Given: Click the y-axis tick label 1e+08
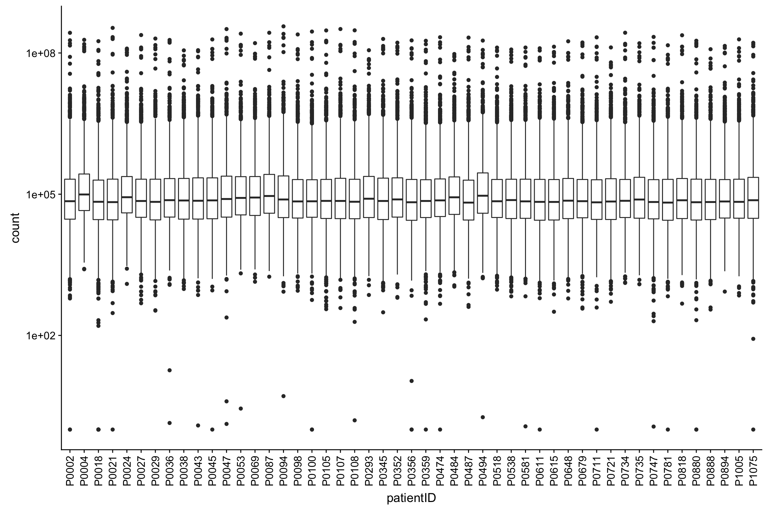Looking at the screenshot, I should click(x=39, y=53).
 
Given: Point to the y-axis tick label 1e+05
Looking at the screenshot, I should click(x=39, y=194).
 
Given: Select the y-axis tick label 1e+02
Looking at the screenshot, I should click(x=39, y=336).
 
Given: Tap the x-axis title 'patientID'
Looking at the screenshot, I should click(x=411, y=499).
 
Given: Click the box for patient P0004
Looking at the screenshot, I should click(x=84, y=192).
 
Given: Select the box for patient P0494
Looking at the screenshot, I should click(x=483, y=193).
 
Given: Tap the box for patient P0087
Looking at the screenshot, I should click(x=269, y=194).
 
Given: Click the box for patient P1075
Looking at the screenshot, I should click(x=753, y=198).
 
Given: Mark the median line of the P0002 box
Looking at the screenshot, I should click(x=70, y=201).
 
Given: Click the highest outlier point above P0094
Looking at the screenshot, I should click(x=283, y=26).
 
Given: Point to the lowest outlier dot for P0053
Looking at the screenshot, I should click(x=241, y=408).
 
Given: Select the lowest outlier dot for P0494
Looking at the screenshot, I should click(x=483, y=417).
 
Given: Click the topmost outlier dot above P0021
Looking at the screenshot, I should click(x=113, y=28).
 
